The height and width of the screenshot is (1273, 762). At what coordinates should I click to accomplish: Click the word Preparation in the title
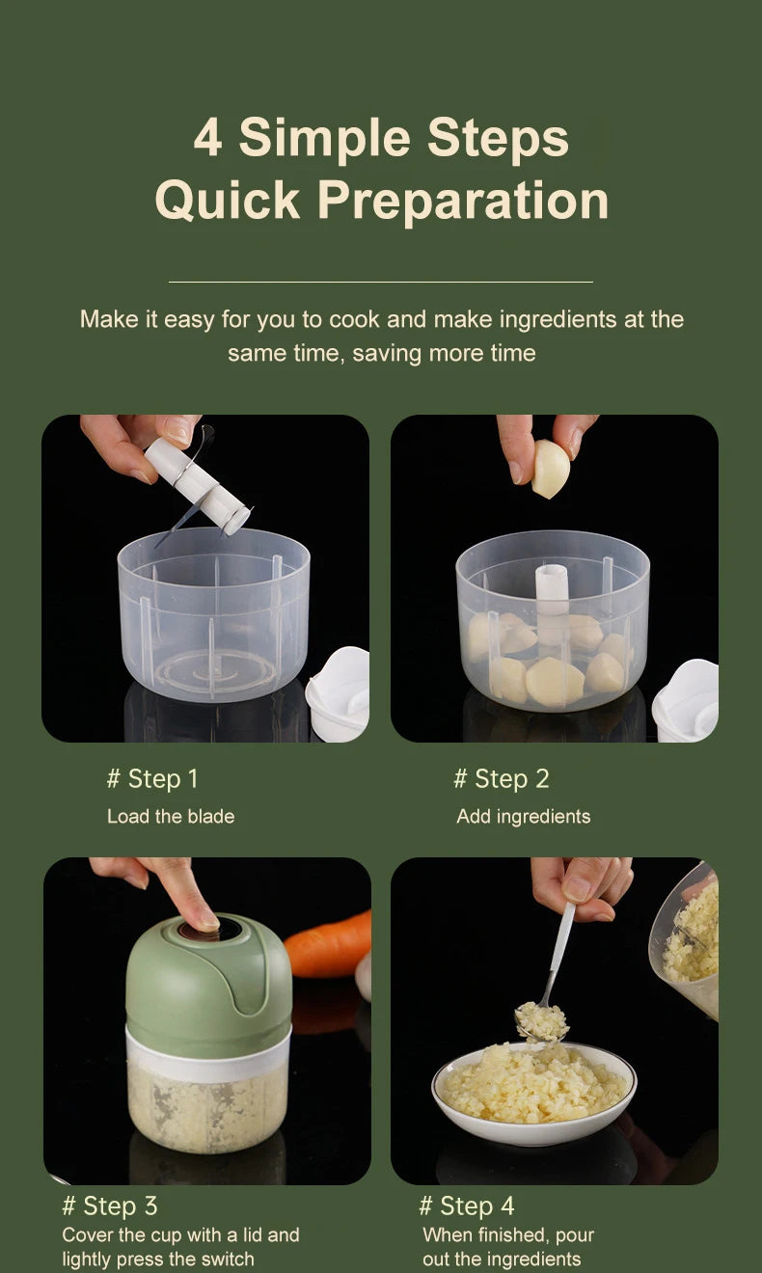[463, 201]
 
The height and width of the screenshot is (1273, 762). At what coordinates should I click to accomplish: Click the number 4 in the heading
[207, 137]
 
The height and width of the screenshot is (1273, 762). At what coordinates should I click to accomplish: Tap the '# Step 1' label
[151, 778]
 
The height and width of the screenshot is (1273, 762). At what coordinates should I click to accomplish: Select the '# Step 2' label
[501, 778]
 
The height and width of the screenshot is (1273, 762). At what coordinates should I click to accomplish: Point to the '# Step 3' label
[109, 1205]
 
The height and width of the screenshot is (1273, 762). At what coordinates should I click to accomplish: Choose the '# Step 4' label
[466, 1205]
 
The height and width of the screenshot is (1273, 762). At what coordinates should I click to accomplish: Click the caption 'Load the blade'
[171, 816]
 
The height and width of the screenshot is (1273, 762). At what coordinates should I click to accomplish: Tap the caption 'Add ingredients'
[523, 816]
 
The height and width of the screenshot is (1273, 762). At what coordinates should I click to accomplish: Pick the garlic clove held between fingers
[550, 469]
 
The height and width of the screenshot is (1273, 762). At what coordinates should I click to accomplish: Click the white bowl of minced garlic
[533, 1095]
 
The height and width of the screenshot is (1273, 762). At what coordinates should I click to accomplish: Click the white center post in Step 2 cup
[553, 598]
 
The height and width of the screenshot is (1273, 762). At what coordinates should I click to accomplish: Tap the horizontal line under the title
[380, 282]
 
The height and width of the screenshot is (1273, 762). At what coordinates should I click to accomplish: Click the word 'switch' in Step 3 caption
[228, 1259]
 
